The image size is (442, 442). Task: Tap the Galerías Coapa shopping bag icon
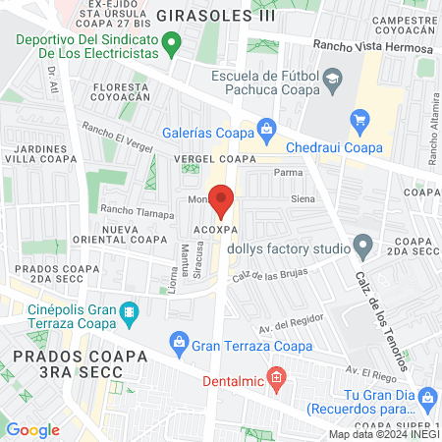265,129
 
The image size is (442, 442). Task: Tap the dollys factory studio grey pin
363,244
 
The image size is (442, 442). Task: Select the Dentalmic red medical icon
277,376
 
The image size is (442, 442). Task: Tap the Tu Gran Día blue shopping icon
427,397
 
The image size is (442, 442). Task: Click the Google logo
32,429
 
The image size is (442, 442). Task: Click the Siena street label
302,199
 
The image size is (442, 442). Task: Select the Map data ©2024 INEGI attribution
384,433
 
